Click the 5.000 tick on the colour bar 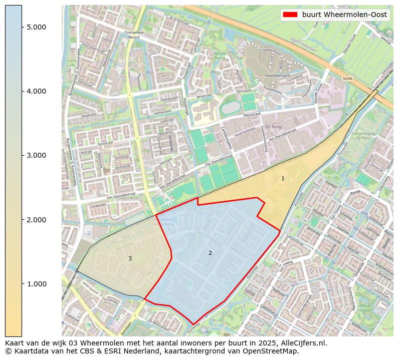click(x=37, y=27)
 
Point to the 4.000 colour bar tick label click(x=37, y=91)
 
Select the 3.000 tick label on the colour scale click(x=37, y=155)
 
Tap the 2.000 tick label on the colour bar click(x=37, y=220)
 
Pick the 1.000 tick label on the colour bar click(x=37, y=284)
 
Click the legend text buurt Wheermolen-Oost click(x=344, y=15)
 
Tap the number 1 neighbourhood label click(x=283, y=178)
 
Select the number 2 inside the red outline click(x=210, y=253)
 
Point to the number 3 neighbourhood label click(x=130, y=258)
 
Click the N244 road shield click(x=348, y=79)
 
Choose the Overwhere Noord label click(x=134, y=35)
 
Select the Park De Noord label click(x=220, y=55)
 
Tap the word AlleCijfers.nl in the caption click(x=305, y=343)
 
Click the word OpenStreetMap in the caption click(x=274, y=351)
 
